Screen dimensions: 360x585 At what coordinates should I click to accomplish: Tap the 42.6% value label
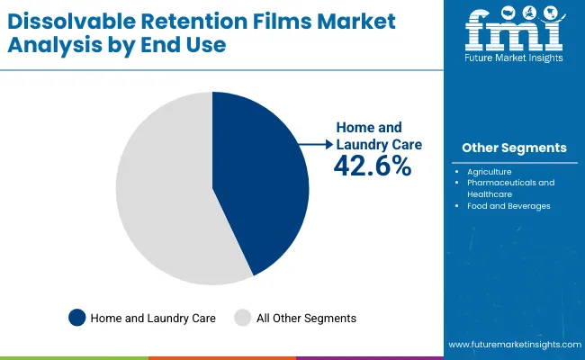click(373, 166)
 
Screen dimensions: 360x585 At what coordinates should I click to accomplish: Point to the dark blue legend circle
click(77, 317)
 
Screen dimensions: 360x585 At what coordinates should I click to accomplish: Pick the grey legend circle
click(243, 317)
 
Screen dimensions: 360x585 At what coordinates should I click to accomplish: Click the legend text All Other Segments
click(307, 318)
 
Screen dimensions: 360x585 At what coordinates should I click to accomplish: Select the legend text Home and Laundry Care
click(152, 318)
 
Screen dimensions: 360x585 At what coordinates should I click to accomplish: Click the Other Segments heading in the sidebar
click(514, 148)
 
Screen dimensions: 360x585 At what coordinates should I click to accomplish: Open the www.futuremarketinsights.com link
click(512, 345)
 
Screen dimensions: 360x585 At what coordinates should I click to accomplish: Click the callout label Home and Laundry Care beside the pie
click(378, 136)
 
